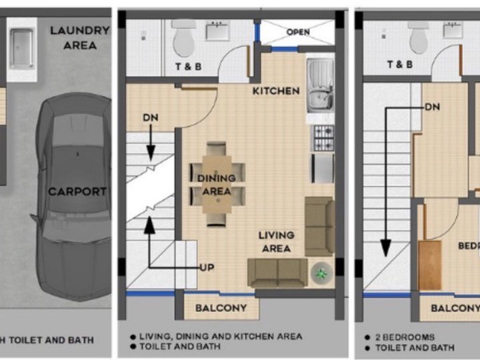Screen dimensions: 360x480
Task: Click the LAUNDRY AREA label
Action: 79,38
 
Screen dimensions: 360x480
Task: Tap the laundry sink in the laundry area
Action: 22,49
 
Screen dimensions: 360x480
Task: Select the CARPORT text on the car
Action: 77,191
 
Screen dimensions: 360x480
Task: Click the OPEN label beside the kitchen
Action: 298,32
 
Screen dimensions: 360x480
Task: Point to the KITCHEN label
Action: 275,91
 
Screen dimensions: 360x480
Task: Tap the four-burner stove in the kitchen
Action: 323,138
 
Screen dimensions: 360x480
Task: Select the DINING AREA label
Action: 216,185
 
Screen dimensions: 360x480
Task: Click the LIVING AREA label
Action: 276,242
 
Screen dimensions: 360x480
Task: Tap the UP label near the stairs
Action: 207,267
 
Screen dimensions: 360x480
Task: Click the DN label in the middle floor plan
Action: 151,118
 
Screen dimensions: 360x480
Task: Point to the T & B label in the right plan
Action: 400,65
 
